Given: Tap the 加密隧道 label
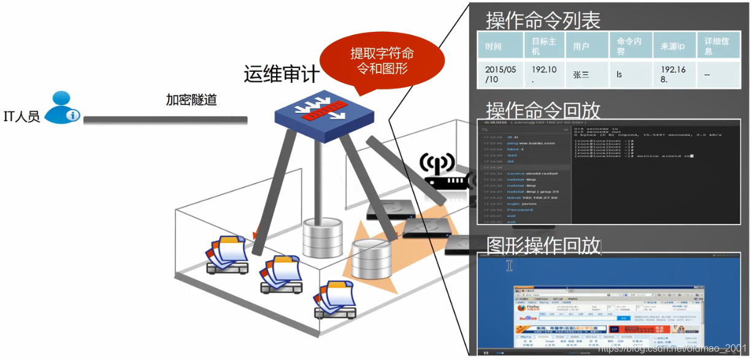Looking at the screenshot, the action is coord(191,99).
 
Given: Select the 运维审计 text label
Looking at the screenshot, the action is coord(282,75).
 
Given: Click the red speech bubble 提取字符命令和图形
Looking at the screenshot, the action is coord(382,61).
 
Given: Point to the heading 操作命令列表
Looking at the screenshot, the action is coord(543,20).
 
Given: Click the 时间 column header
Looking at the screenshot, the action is coord(493,47).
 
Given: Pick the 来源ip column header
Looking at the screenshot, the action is coord(672,47).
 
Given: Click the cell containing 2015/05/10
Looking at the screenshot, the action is coord(501,75).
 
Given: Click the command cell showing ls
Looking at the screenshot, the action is coord(619,75).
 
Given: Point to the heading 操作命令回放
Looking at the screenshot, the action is coord(543,111).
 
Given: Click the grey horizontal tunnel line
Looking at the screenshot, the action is coord(166,120).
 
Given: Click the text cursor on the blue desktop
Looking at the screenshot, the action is coord(509,265).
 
